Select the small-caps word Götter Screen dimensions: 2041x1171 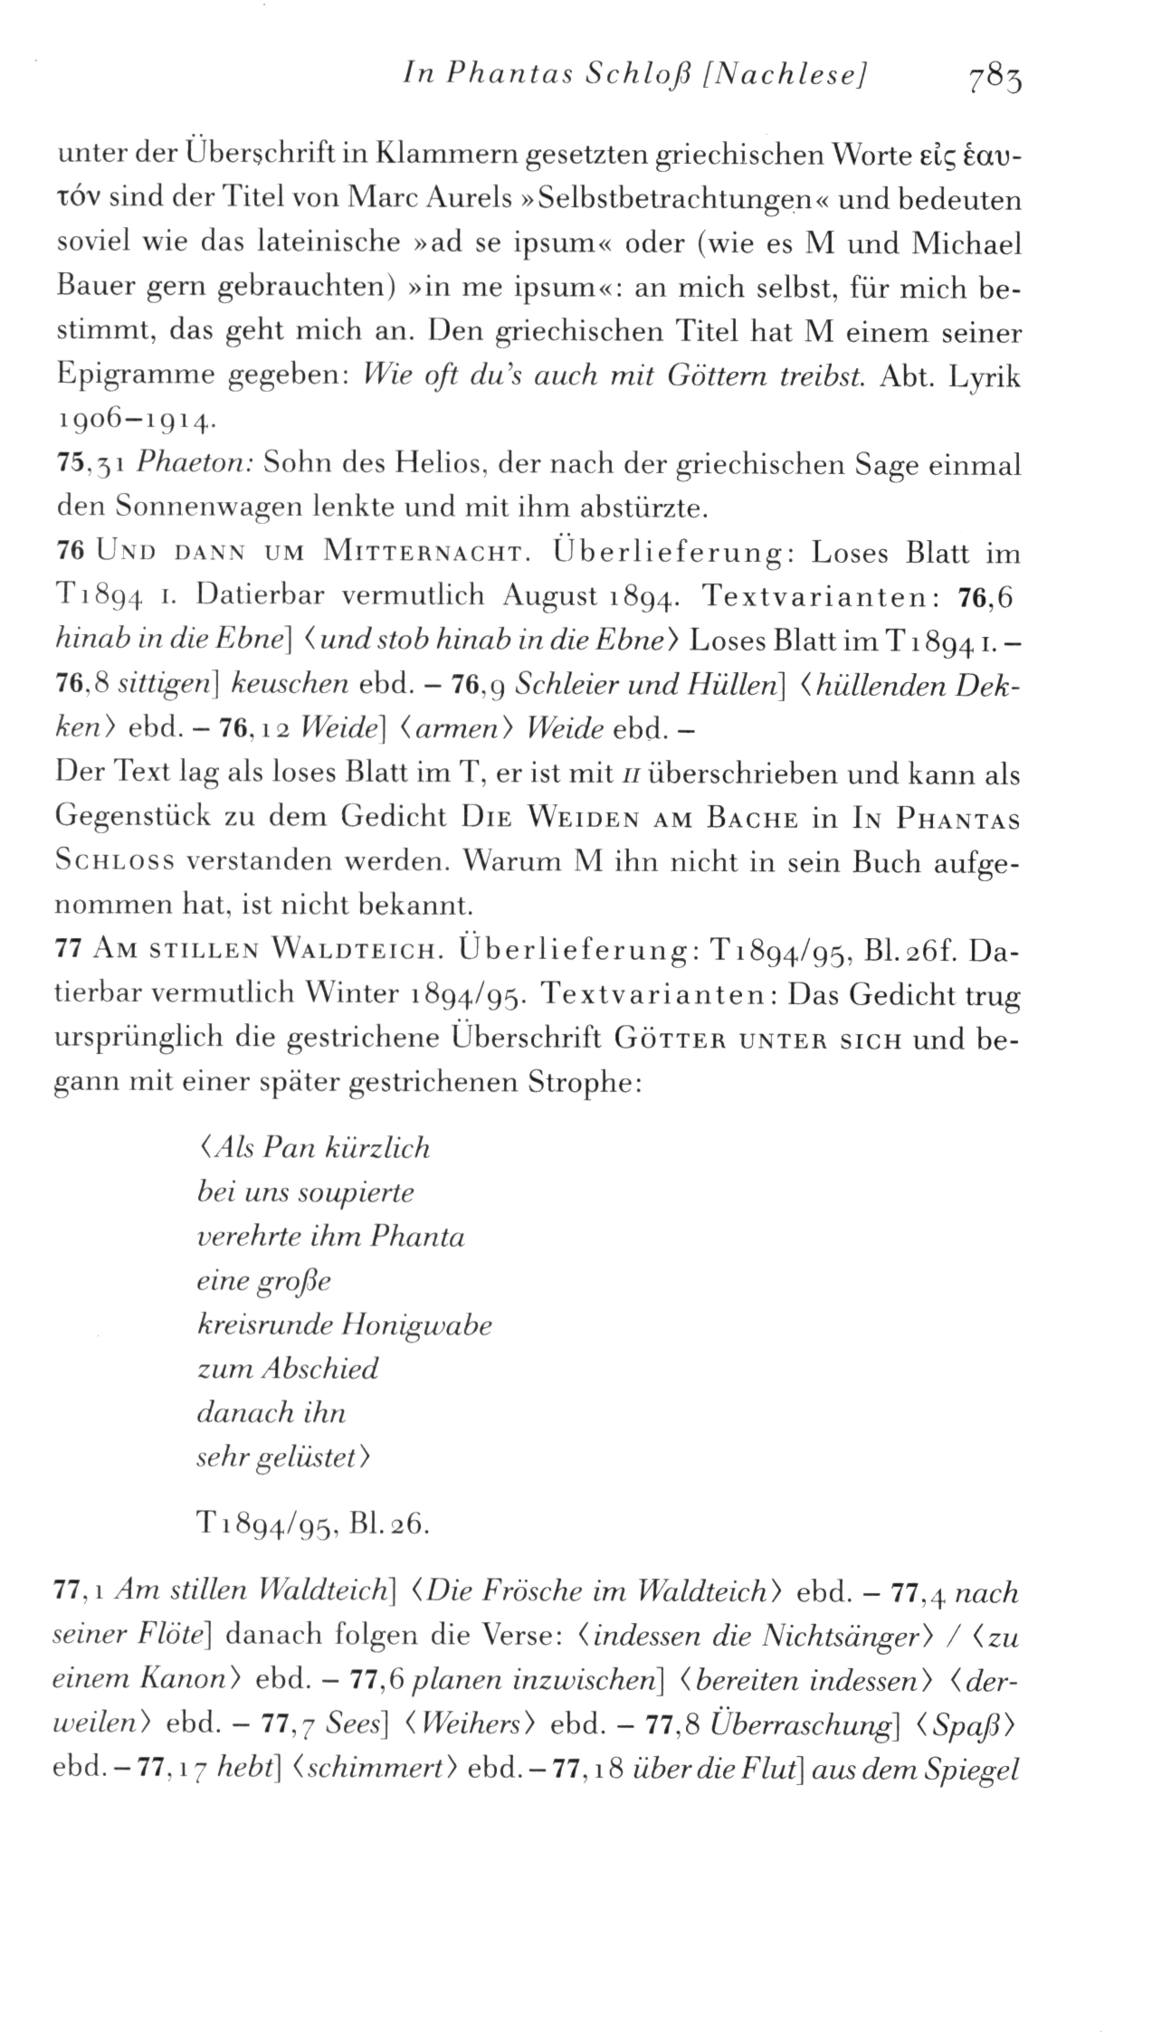[669, 1038]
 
